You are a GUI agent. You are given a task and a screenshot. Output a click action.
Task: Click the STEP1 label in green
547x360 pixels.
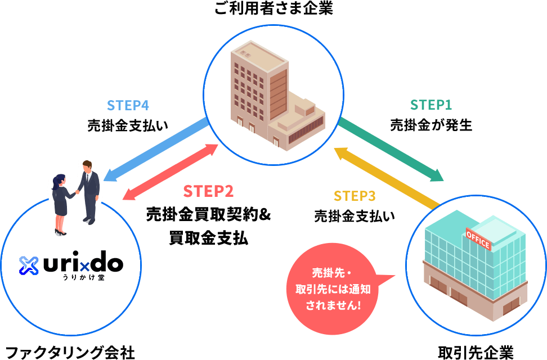click(431, 105)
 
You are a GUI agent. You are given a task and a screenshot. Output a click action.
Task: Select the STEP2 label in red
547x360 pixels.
click(208, 192)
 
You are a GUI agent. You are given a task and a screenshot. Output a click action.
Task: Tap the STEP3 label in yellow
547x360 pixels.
click(354, 196)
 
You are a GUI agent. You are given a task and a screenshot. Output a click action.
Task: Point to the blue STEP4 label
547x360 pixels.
click(128, 106)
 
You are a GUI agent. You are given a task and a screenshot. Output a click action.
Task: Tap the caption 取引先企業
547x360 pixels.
click(476, 352)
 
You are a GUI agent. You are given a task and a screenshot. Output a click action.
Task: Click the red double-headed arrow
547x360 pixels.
click(171, 172)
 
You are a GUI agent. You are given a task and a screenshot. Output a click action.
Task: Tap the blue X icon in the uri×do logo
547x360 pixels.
click(28, 265)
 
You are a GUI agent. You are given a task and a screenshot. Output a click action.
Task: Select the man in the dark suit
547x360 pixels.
click(89, 188)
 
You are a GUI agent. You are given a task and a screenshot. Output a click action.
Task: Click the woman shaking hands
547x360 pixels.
click(60, 202)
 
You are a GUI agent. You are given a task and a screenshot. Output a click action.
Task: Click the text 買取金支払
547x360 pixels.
click(208, 238)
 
